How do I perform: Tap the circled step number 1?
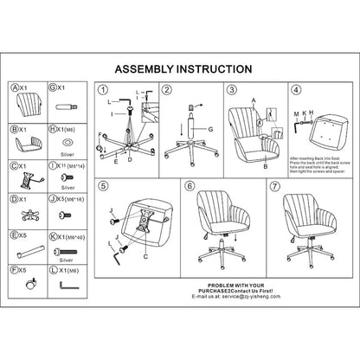coord(104,90)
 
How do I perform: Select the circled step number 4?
coord(296,89)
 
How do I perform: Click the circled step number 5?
coord(104,186)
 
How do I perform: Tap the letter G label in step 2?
coord(209,129)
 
